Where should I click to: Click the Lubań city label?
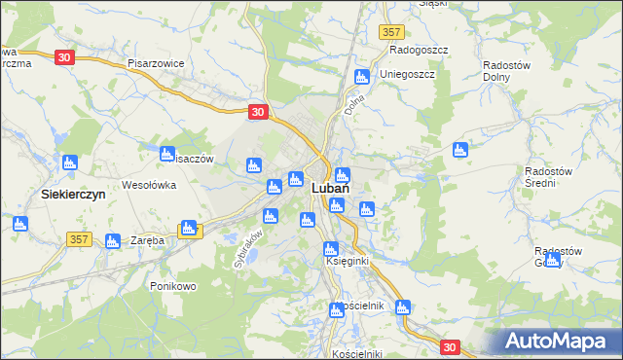[x=332, y=191]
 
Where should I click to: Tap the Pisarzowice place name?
[x=156, y=62]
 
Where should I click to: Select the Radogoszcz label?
[x=418, y=50]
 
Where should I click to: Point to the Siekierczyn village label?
[x=74, y=194]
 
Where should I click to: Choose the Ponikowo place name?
[x=174, y=286]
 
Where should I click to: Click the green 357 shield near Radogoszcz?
[x=391, y=32]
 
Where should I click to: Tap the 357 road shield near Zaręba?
[x=81, y=238]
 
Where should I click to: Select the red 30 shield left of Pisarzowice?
[x=64, y=57]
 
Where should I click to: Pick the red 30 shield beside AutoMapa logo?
[x=449, y=346]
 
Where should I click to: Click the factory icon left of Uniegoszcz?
[x=362, y=77]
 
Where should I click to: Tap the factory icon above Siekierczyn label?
[x=69, y=162]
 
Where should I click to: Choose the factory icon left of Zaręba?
[x=112, y=240]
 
